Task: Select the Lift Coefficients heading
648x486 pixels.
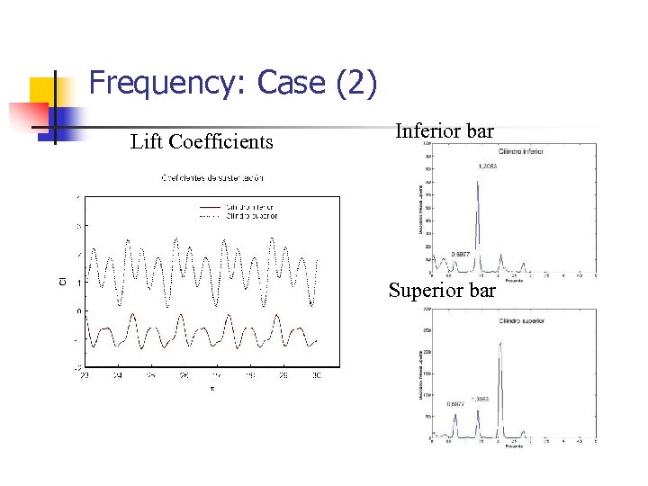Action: [202, 141]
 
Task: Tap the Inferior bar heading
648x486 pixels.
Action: [445, 131]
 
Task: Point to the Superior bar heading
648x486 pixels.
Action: [442, 291]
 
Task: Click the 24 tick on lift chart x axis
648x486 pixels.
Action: [117, 375]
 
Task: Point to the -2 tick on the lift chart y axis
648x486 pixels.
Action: [78, 367]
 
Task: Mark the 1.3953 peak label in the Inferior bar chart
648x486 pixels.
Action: [488, 166]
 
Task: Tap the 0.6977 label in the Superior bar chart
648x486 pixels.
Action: [456, 403]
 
